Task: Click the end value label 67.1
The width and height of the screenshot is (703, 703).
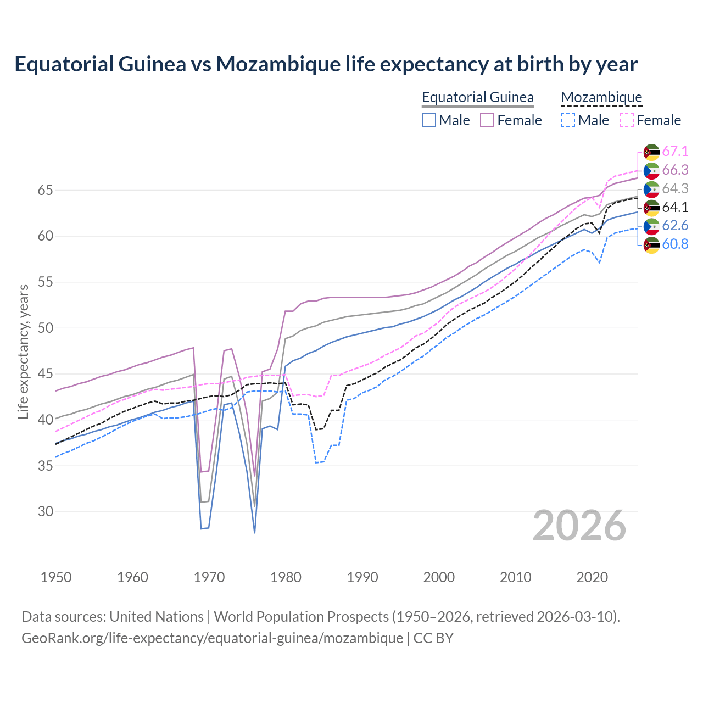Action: pyautogui.click(x=675, y=151)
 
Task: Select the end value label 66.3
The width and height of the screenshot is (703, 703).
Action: pyautogui.click(x=675, y=170)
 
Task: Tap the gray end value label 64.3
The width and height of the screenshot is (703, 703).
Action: pyautogui.click(x=675, y=188)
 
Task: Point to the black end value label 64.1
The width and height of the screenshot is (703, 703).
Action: pyautogui.click(x=675, y=207)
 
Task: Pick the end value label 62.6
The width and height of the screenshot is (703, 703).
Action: pyautogui.click(x=675, y=226)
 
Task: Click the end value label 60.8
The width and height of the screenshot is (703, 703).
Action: pyautogui.click(x=675, y=244)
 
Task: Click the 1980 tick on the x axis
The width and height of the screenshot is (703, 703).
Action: pyautogui.click(x=286, y=577)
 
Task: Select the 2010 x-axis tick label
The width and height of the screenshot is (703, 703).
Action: pyautogui.click(x=515, y=577)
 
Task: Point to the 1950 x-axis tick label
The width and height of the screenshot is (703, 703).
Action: pyautogui.click(x=56, y=577)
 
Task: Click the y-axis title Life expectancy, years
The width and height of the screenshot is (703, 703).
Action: pyautogui.click(x=23, y=351)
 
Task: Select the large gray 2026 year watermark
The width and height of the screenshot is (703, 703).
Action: pyautogui.click(x=579, y=526)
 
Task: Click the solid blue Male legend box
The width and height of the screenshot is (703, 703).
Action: pyautogui.click(x=429, y=120)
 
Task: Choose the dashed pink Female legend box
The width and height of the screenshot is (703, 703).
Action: pyautogui.click(x=627, y=120)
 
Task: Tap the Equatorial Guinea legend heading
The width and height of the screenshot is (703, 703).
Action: pyautogui.click(x=477, y=97)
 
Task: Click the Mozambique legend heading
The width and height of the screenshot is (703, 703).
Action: pyautogui.click(x=601, y=97)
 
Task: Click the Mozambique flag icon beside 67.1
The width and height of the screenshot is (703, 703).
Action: pyautogui.click(x=651, y=152)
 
